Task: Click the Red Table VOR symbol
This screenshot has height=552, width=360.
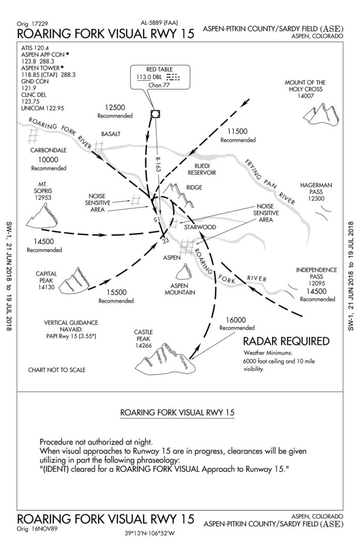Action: point(154,114)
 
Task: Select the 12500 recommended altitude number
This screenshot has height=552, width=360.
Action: point(115,107)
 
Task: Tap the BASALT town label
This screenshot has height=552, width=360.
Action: point(110,133)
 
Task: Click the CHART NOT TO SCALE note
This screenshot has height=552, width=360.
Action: point(57,370)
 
